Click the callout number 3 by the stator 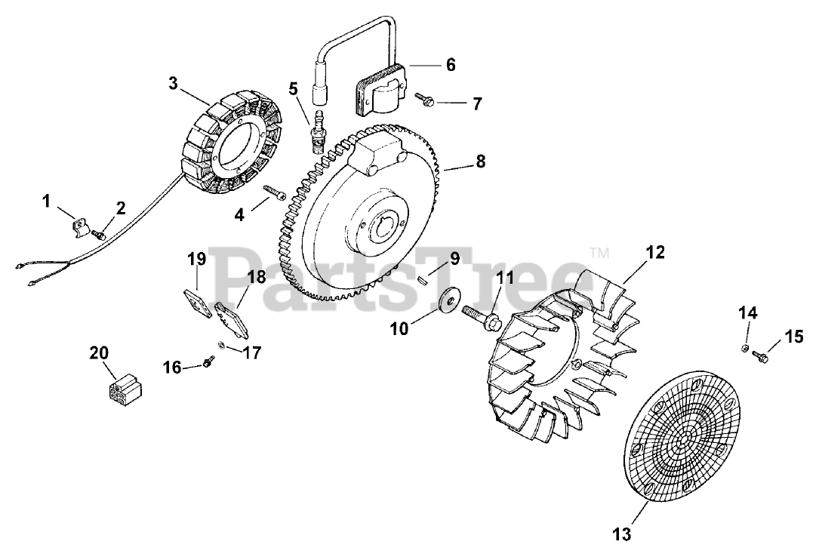173,83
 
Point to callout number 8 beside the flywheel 481,162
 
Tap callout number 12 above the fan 655,252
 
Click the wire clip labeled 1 79,226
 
